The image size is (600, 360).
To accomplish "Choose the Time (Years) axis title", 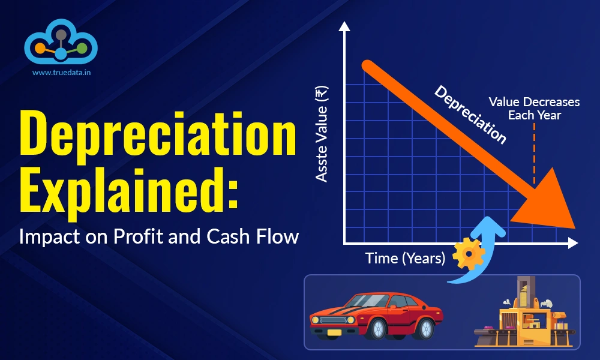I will click(406, 259).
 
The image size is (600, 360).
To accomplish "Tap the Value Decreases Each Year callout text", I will click(534, 108).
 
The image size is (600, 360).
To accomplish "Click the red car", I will click(374, 316).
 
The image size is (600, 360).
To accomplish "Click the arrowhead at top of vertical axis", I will click(344, 26).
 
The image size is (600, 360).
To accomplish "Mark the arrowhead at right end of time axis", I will click(572, 242).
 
